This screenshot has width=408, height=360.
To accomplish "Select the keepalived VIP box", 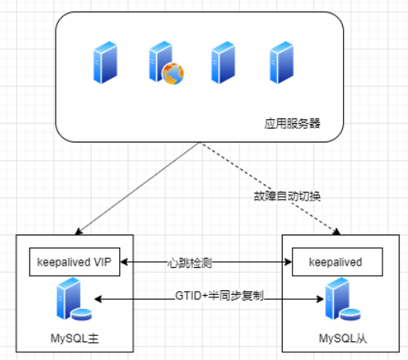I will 75,262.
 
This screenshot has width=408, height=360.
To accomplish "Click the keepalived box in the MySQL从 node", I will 339,262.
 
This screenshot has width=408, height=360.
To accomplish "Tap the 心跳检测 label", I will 189,262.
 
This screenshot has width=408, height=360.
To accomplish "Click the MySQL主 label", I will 76,338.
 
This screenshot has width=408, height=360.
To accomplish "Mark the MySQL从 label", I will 341,338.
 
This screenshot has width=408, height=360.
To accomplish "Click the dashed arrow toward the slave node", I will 271,189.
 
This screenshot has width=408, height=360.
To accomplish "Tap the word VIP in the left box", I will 105,262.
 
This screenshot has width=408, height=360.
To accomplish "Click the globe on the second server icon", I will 172,74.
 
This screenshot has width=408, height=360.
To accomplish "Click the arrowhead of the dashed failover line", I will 337,230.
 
